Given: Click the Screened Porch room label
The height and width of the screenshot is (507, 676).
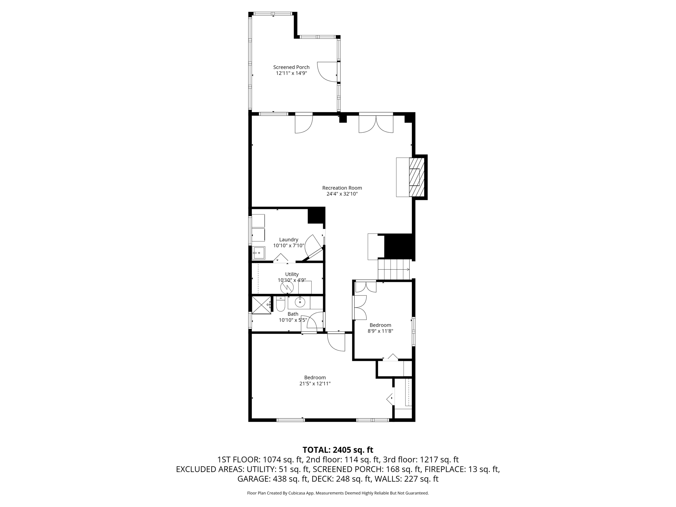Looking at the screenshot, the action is pyautogui.click(x=291, y=67).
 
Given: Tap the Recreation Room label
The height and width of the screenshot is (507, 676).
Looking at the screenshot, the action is pyautogui.click(x=342, y=188).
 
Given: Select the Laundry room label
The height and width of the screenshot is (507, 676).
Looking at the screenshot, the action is pyautogui.click(x=289, y=240).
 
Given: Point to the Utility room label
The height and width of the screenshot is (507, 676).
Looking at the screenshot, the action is pyautogui.click(x=292, y=274).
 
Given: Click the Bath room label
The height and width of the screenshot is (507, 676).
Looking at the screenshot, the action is pyautogui.click(x=293, y=314).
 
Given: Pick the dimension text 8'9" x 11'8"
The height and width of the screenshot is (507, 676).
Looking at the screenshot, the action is pyautogui.click(x=380, y=331).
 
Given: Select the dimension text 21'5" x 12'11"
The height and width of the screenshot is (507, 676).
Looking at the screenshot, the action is pyautogui.click(x=315, y=384).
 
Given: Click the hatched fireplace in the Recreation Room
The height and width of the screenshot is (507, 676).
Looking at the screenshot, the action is pyautogui.click(x=417, y=177).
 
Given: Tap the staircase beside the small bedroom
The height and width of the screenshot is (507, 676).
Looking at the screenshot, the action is pyautogui.click(x=394, y=269).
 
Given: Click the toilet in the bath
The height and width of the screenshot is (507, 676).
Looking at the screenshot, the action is pyautogui.click(x=281, y=304).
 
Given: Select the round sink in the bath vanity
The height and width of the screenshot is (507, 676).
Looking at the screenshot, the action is pyautogui.click(x=300, y=302).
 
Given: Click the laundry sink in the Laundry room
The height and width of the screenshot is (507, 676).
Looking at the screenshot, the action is pyautogui.click(x=259, y=253).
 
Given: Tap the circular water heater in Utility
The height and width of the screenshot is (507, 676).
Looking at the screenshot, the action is pyautogui.click(x=287, y=287).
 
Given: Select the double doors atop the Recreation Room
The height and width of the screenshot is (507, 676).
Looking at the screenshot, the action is pyautogui.click(x=376, y=123).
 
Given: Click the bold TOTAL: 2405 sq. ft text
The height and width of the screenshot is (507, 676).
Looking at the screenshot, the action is pyautogui.click(x=338, y=450).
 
